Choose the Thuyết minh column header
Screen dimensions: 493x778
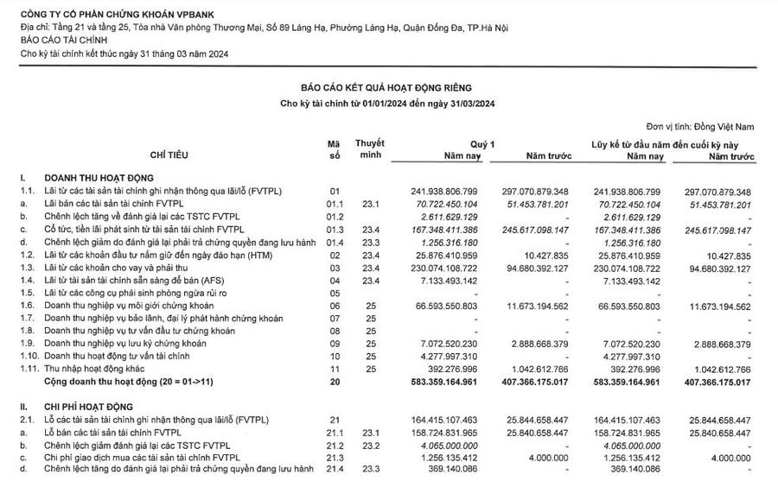point(370,148)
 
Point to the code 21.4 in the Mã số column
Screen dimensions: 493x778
point(335,469)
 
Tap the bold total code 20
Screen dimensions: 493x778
point(335,380)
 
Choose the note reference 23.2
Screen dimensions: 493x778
point(370,444)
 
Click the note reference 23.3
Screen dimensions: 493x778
point(370,469)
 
